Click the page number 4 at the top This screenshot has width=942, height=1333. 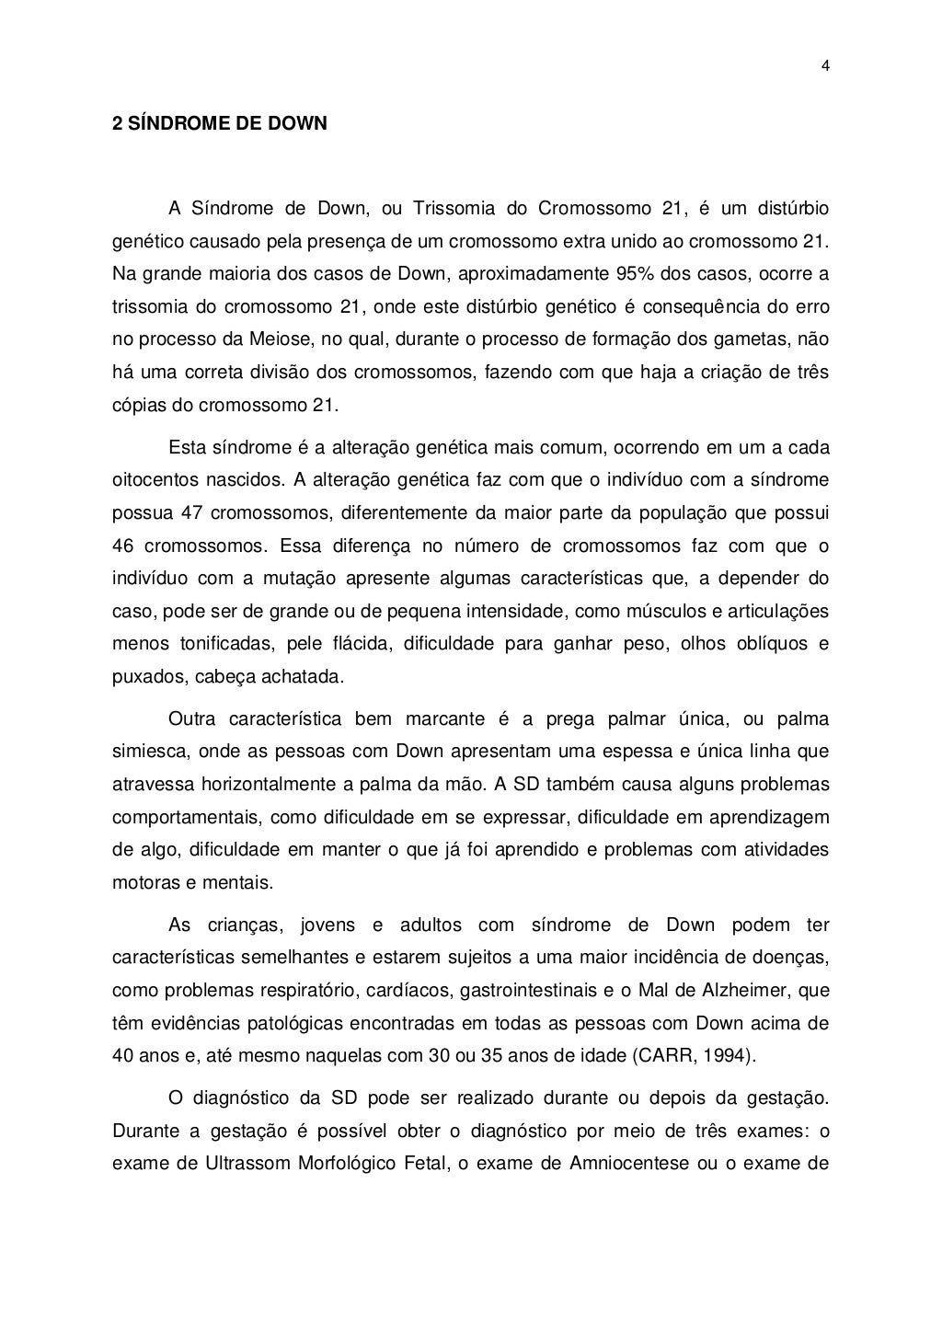tap(825, 65)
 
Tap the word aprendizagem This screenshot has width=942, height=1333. tap(774, 817)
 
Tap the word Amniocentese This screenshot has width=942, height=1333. tap(630, 1163)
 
